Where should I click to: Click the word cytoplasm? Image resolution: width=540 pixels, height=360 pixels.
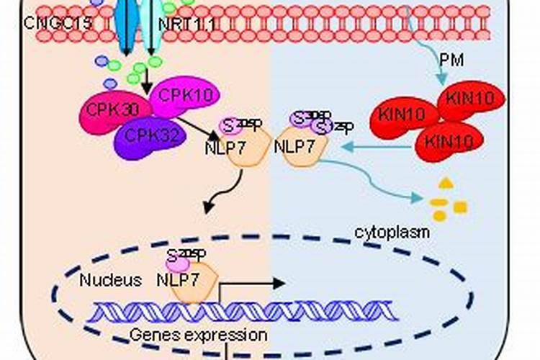(392, 232)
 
